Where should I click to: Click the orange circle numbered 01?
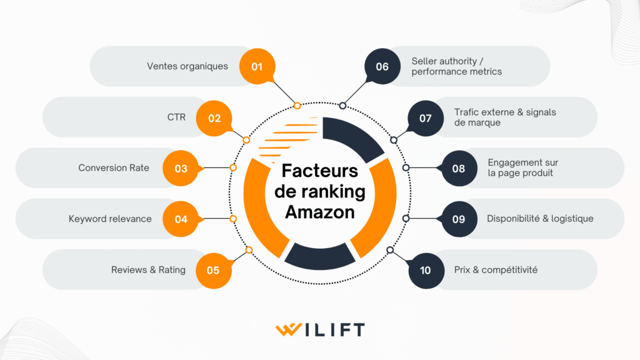pos(257,66)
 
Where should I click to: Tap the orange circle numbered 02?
pos(214,117)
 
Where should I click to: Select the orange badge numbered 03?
pos(181,168)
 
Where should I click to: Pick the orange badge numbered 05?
pos(213,270)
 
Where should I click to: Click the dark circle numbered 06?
pos(382,66)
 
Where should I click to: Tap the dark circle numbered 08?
pos(459,168)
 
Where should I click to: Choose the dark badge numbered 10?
pos(425,270)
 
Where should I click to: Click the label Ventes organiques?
pos(187,66)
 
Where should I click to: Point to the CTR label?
pos(176,117)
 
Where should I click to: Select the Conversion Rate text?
pos(114,167)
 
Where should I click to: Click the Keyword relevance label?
pos(110,219)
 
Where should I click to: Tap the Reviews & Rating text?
pos(148,270)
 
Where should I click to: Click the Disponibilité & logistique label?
pos(540,219)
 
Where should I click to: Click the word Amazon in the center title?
pos(320,212)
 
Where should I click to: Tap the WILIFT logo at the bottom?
pos(320,329)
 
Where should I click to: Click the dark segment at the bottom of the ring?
pos(320,253)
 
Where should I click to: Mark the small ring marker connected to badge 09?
pos(406,218)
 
